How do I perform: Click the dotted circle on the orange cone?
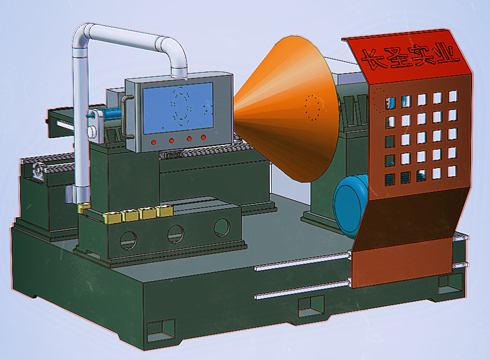(312, 108)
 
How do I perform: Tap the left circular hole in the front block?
(129, 240)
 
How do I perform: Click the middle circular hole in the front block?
(175, 233)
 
